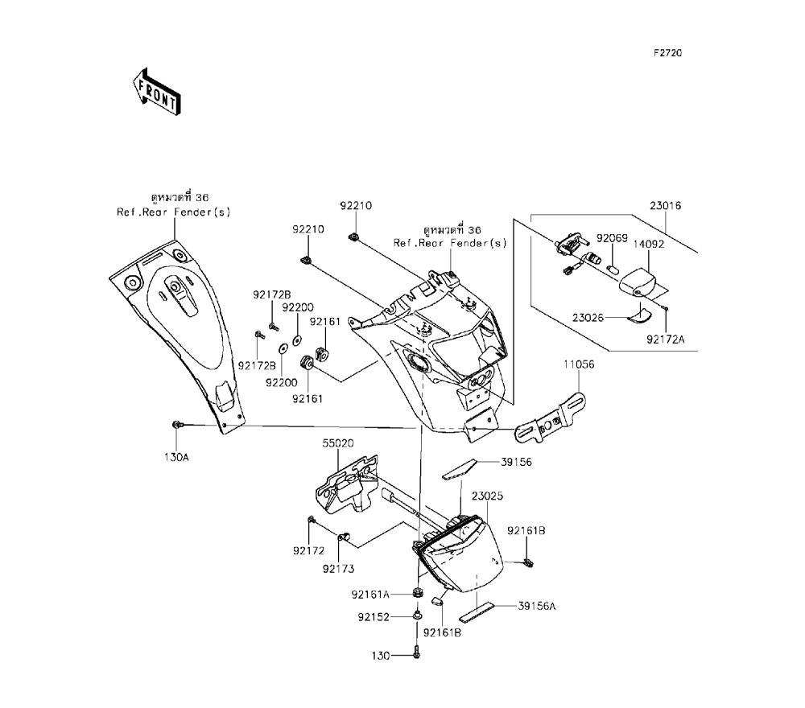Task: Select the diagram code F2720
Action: click(x=667, y=54)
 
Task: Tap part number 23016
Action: click(x=666, y=206)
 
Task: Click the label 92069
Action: click(x=611, y=238)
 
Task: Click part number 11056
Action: click(x=579, y=364)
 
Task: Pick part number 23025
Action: click(x=488, y=496)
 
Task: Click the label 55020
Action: click(x=339, y=443)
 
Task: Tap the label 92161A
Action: click(x=370, y=595)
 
